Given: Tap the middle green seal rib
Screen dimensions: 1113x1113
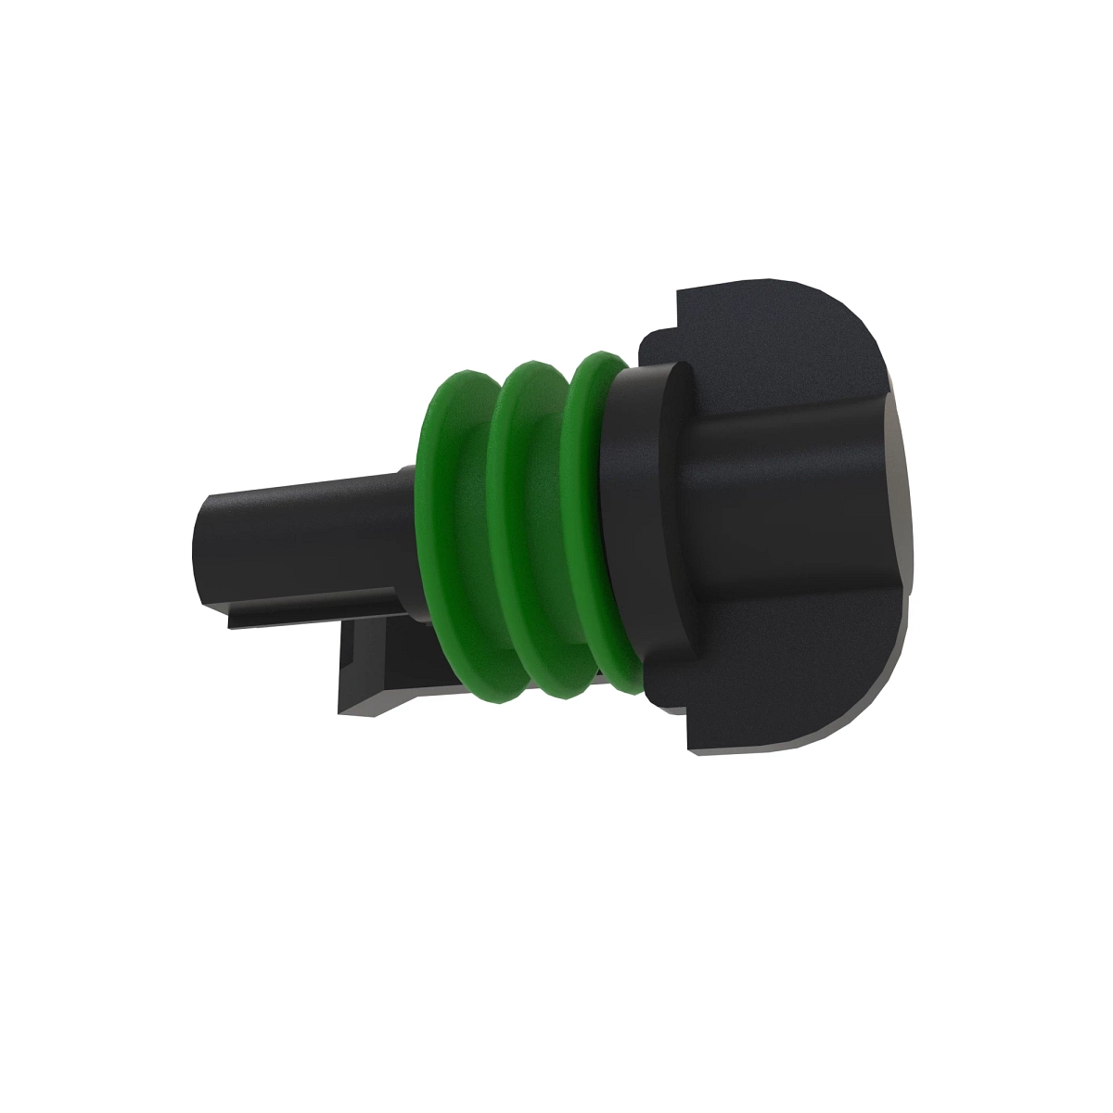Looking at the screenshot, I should point(507,519).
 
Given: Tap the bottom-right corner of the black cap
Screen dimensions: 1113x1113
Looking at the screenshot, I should point(798,747).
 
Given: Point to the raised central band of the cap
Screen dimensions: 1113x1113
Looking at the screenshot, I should point(788,519).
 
